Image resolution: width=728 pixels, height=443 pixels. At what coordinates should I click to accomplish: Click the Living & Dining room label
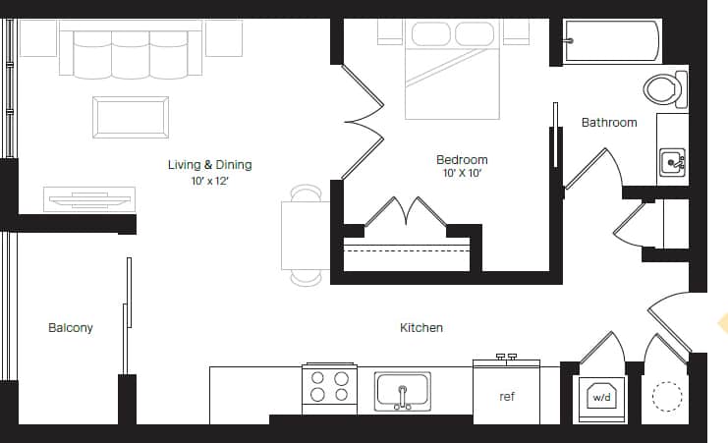coord(209,165)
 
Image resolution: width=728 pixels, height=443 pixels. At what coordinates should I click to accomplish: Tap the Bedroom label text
coord(462,159)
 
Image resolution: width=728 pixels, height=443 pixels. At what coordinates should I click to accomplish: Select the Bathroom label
coord(609,123)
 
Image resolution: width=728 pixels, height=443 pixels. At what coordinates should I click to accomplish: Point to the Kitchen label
coord(420,327)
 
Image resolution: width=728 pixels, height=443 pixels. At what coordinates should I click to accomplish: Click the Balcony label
coord(71,327)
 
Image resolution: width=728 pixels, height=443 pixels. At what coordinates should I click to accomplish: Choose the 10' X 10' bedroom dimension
coord(462,174)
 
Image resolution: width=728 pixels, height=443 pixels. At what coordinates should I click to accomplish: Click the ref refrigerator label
coord(507,397)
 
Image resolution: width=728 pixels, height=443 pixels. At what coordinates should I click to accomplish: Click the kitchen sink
coord(403,391)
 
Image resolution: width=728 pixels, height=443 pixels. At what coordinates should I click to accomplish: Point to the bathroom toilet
coord(667,89)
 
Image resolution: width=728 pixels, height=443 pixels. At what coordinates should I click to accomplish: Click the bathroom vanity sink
coord(672,161)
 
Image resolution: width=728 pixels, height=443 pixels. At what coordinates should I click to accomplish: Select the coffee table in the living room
coord(131,117)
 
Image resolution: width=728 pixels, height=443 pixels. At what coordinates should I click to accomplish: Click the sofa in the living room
coord(130,53)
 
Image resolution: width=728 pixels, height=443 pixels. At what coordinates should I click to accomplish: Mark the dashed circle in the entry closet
coord(668,397)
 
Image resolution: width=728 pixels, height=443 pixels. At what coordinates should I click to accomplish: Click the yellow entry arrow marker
coord(723,323)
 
